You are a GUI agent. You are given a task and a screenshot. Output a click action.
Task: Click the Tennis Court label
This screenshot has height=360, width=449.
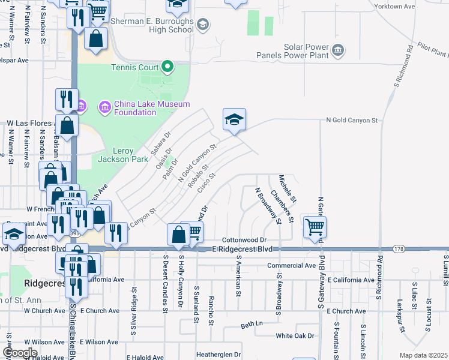click(x=134, y=67)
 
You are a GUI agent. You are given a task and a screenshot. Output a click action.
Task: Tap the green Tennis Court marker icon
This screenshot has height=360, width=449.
click(x=169, y=67)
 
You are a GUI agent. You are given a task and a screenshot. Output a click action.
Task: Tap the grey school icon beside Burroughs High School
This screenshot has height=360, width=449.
click(x=203, y=25)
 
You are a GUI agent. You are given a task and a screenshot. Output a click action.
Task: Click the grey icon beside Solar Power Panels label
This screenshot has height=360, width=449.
click(x=339, y=50)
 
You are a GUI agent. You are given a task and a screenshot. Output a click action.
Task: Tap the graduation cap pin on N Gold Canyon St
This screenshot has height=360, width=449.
click(x=235, y=120)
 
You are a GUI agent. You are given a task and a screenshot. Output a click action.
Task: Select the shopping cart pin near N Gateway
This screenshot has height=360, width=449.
click(x=315, y=227)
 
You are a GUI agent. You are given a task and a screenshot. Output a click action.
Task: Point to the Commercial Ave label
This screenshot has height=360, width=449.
click(x=291, y=265)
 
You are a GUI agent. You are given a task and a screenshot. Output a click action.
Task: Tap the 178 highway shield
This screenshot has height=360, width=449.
click(x=399, y=248)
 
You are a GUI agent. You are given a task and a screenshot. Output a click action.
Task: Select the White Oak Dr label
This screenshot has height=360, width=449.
click(x=295, y=336)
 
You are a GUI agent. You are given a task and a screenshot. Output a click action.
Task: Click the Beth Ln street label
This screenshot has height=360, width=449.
click(x=252, y=325)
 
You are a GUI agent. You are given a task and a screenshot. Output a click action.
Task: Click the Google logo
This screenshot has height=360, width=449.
click(x=20, y=353)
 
